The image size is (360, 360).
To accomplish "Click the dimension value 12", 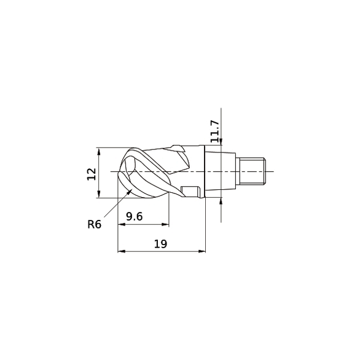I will (91, 173).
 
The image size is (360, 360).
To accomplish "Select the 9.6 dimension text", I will (135, 217).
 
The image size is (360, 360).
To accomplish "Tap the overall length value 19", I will (160, 244).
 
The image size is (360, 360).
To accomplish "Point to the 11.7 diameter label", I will (214, 131).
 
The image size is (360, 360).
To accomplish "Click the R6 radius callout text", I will (94, 224).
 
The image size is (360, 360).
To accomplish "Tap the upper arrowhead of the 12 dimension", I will (99, 151).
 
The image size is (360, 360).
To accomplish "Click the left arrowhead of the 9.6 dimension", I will (120, 225).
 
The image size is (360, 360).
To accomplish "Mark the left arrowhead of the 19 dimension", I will (120, 251).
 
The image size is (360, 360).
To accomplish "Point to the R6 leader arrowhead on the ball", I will (131, 192).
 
